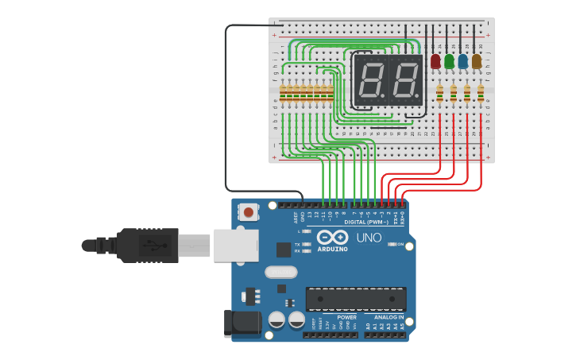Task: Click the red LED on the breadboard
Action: click(x=435, y=61)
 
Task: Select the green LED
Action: click(x=449, y=61)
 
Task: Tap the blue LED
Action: click(x=462, y=61)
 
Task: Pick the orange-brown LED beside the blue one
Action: click(x=476, y=61)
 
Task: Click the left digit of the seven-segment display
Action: click(x=370, y=80)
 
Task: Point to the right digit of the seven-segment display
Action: click(x=405, y=80)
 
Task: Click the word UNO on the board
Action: click(x=369, y=238)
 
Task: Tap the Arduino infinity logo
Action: click(x=332, y=237)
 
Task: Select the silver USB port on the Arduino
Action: click(x=236, y=245)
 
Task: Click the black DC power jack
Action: click(x=243, y=321)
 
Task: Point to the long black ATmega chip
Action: click(x=356, y=299)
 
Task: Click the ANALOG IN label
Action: click(x=389, y=317)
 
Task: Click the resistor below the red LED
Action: click(x=439, y=95)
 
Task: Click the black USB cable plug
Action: click(x=147, y=245)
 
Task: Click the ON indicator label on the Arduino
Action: click(x=400, y=245)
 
